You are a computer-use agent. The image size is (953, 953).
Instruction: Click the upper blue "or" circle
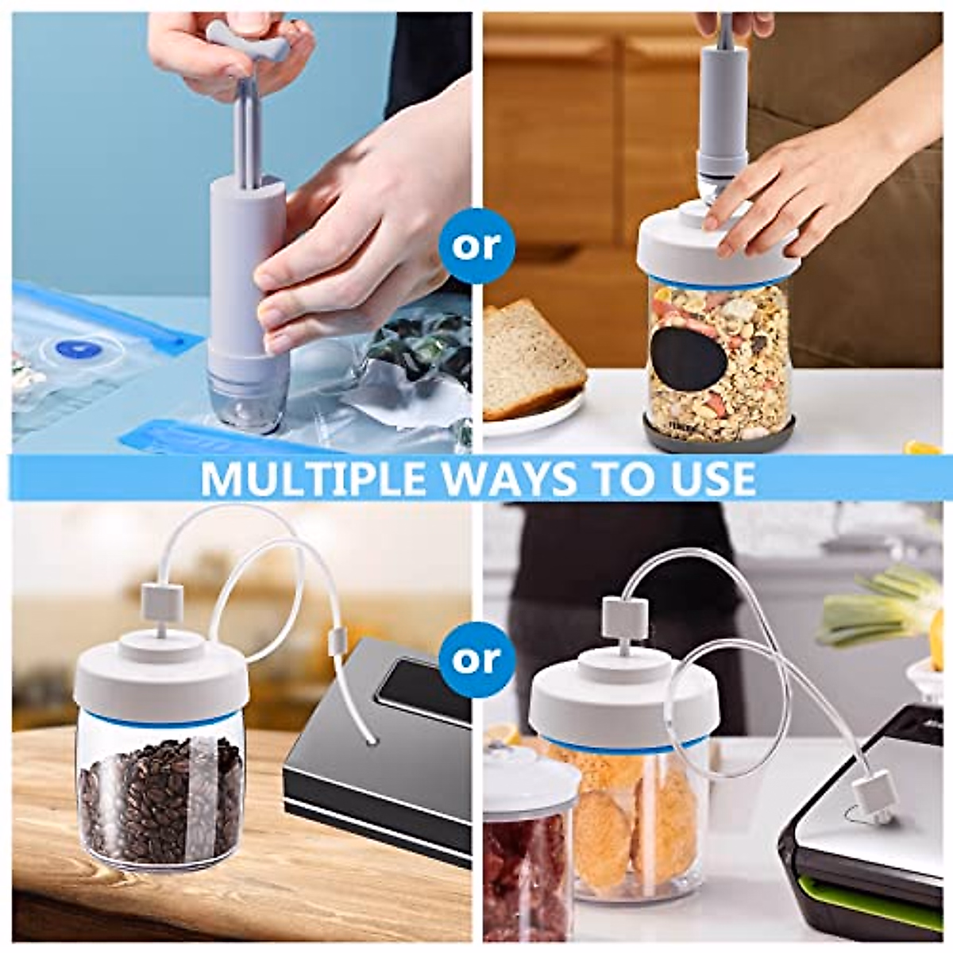(476, 245)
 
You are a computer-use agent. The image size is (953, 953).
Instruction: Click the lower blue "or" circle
(476, 658)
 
